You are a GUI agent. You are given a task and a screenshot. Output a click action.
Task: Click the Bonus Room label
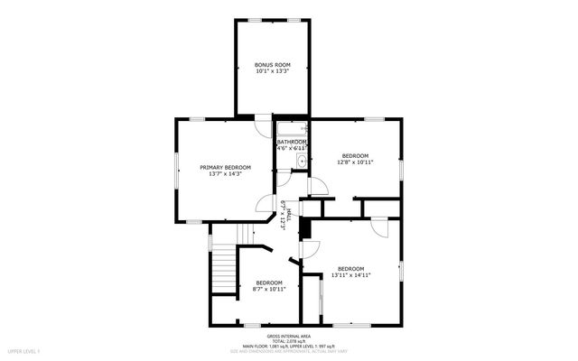pos(272,66)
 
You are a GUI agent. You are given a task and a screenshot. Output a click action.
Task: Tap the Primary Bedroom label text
pos(225,168)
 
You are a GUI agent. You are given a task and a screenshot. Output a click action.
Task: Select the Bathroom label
pos(292,142)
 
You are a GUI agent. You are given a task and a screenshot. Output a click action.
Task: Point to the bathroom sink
pos(302,162)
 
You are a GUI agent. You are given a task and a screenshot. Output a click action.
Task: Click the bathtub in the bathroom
pos(292,129)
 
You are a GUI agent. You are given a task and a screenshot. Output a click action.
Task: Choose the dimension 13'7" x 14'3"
pos(225,175)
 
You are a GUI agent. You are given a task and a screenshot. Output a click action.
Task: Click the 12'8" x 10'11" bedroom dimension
pos(355,163)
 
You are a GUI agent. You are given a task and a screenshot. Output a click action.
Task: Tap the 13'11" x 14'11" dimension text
pos(350,275)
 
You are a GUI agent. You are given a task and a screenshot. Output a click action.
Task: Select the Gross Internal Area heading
pos(289,334)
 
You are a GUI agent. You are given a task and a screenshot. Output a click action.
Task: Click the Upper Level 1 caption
pos(24,350)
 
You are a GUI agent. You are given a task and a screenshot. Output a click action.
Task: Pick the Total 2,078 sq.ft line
pos(289,339)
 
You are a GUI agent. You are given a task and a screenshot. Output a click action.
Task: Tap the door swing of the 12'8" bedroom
pos(318,187)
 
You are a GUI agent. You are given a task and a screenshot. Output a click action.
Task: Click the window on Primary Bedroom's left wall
pos(177,171)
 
